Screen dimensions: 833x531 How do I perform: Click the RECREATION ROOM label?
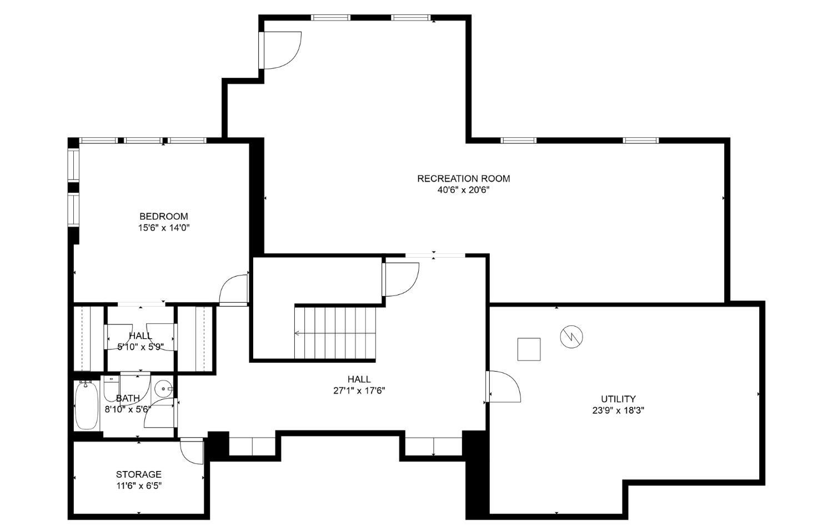[463, 178]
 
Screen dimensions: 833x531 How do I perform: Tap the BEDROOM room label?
[164, 217]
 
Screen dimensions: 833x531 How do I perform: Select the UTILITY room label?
[619, 399]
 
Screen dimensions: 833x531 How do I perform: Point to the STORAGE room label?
[139, 474]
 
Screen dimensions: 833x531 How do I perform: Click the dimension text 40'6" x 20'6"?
[463, 190]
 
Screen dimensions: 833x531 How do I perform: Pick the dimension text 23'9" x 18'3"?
[619, 410]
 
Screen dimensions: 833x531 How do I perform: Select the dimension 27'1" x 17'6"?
[359, 391]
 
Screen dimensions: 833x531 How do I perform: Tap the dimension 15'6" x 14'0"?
[164, 228]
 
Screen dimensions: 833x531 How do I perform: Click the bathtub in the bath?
[87, 405]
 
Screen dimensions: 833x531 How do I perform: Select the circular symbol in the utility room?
[571, 337]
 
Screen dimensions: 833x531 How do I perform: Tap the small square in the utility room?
[529, 349]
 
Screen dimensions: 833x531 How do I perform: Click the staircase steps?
[335, 333]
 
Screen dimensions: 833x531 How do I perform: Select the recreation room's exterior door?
[280, 50]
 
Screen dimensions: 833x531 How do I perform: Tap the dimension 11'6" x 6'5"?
[139, 486]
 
